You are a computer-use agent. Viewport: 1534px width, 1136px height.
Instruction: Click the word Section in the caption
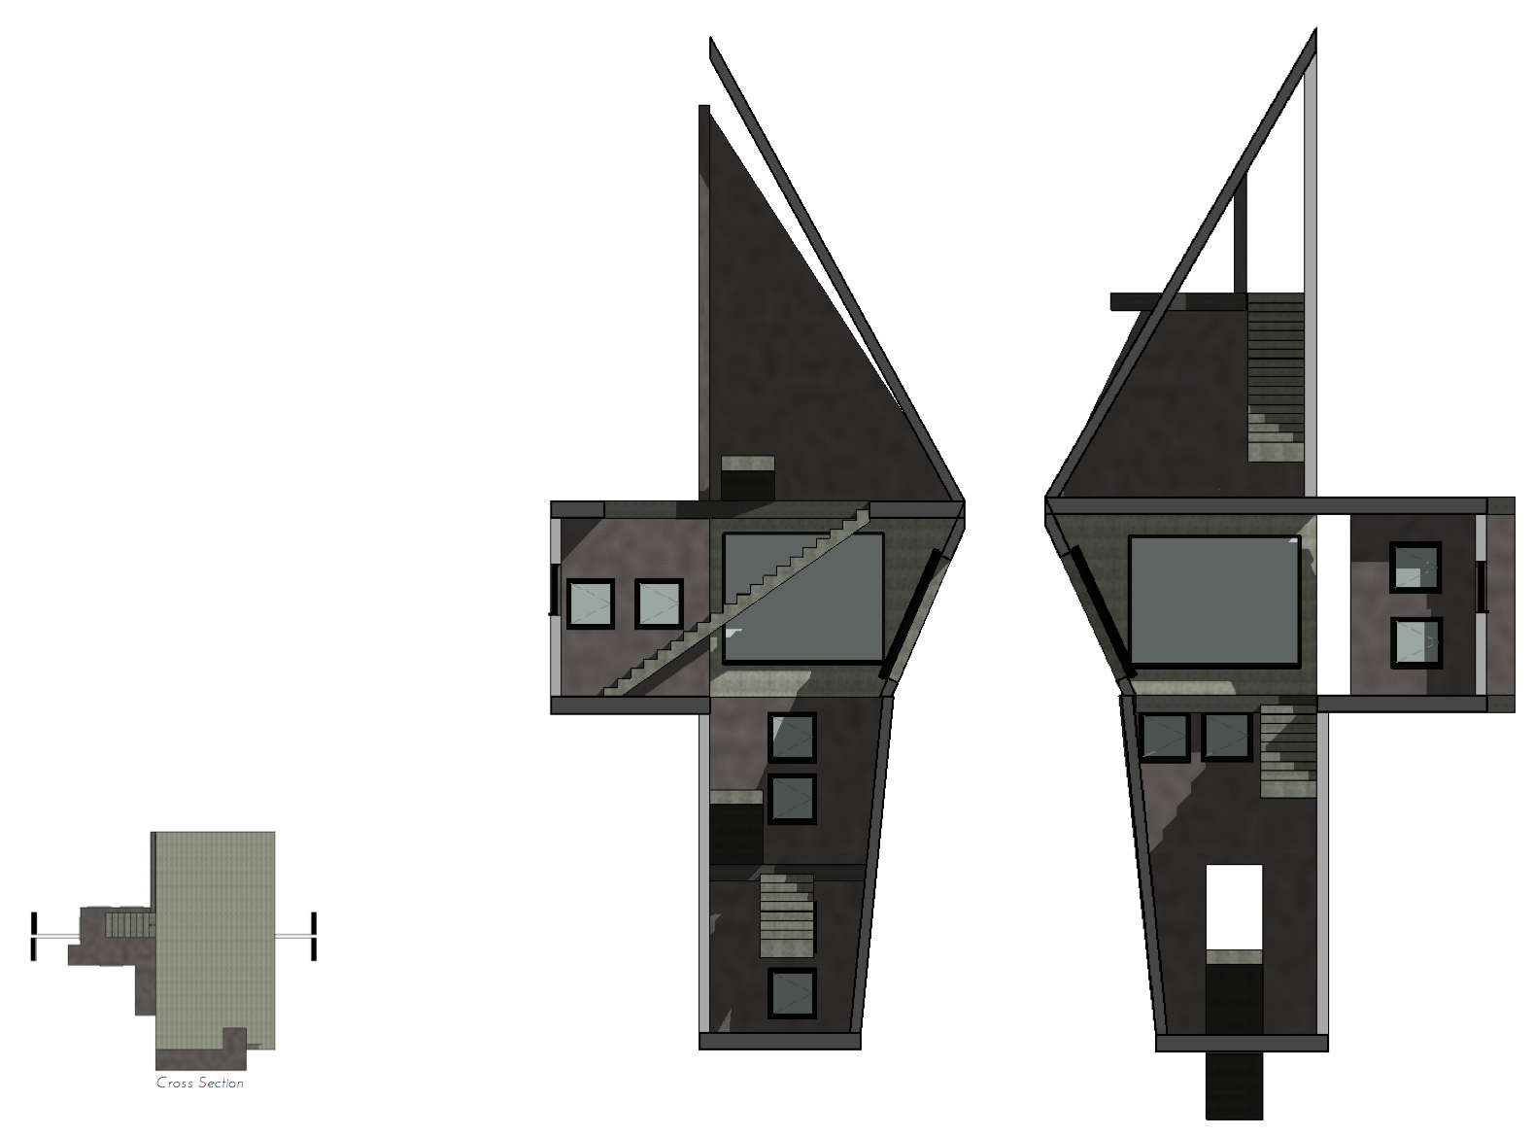point(221,1083)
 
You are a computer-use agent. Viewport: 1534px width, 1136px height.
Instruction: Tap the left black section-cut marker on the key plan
point(33,936)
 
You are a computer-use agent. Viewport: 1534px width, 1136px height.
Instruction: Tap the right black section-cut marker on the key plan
point(313,936)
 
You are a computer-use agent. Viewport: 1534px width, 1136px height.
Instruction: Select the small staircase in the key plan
point(128,923)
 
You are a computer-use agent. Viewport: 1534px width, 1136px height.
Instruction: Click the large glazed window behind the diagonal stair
point(803,598)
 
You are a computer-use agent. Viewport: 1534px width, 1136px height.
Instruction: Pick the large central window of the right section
point(1214,600)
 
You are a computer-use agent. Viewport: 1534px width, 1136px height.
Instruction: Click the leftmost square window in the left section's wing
point(591,603)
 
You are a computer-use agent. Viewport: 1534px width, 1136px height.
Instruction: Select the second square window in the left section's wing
point(659,603)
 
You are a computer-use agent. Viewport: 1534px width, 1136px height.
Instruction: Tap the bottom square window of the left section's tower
point(792,993)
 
